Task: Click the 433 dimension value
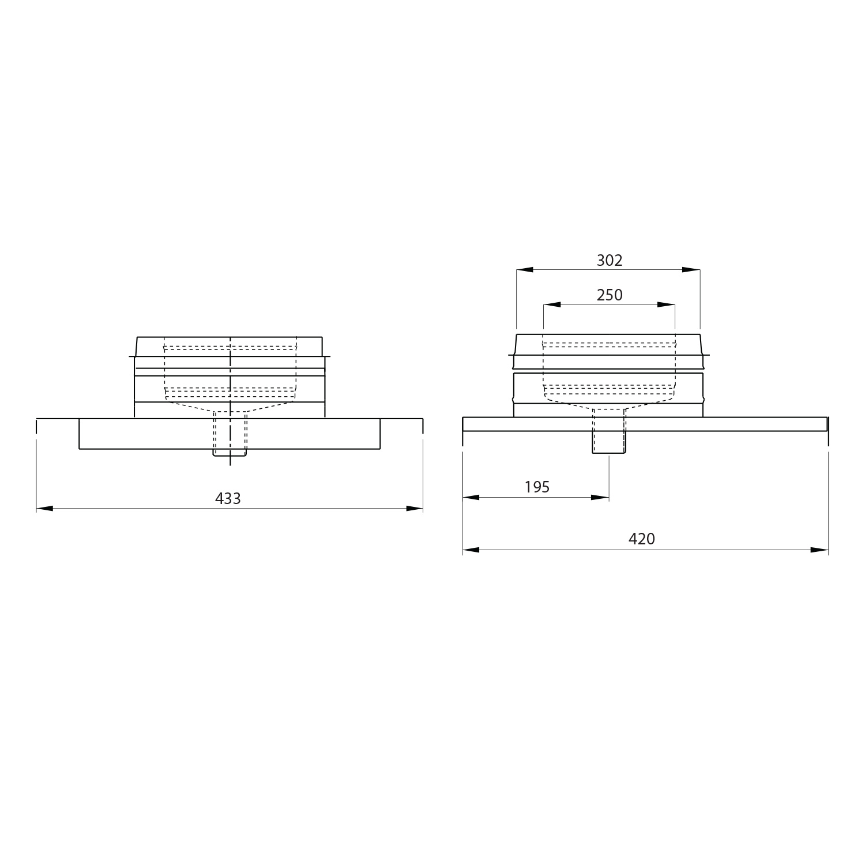click(x=228, y=499)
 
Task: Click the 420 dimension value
click(x=641, y=539)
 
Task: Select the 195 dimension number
click(x=537, y=487)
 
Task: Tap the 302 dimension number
click(x=610, y=261)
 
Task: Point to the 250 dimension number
click(x=610, y=295)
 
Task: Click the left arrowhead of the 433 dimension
click(x=44, y=509)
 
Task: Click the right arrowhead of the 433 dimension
click(x=415, y=509)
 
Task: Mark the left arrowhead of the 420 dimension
click(x=471, y=550)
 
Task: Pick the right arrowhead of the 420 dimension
click(x=820, y=550)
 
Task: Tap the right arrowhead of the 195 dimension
click(x=601, y=497)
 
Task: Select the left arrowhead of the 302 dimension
click(x=525, y=269)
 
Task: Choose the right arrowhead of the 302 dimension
click(x=691, y=269)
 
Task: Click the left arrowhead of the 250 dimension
click(x=552, y=304)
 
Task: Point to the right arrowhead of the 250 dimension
click(x=666, y=304)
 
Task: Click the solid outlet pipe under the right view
click(x=608, y=442)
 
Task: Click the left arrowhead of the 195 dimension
click(x=471, y=497)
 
